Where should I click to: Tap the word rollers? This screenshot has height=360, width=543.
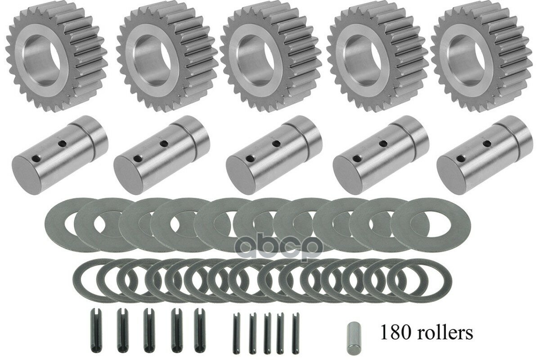[445, 332]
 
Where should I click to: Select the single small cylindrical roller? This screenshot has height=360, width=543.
[354, 334]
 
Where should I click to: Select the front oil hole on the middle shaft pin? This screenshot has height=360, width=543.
[249, 159]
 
